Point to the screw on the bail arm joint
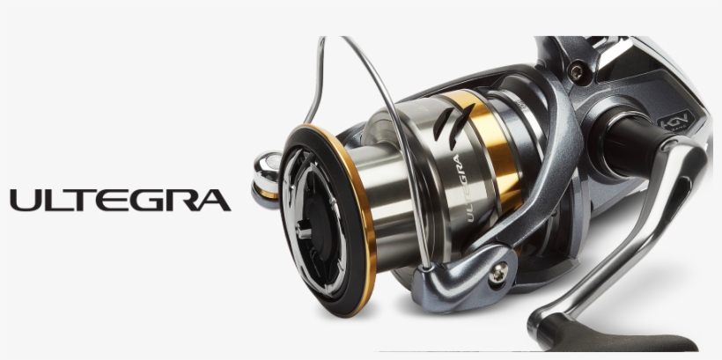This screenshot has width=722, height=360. [498, 275]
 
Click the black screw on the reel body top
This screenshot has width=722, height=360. [576, 73]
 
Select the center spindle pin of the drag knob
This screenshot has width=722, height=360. [303, 231]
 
